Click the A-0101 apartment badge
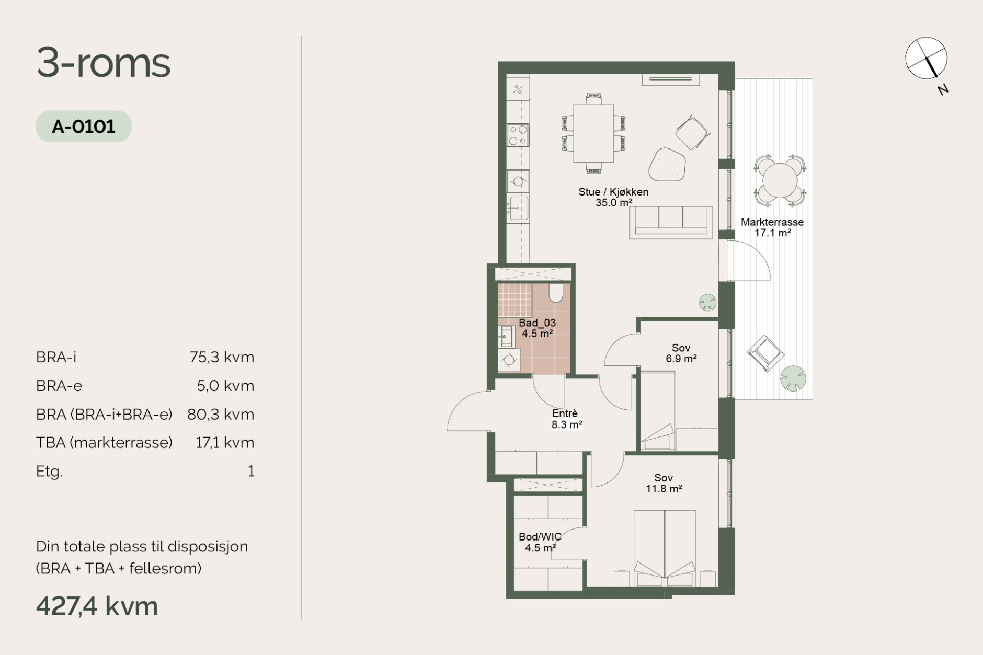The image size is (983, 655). [84, 127]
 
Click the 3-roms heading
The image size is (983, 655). [104, 63]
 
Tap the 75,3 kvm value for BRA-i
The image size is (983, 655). [222, 357]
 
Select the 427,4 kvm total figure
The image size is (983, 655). [97, 606]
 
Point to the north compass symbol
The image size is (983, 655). [926, 58]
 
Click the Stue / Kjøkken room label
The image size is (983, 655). [613, 192]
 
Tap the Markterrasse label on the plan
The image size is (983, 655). [772, 222]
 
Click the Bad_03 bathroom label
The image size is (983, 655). [537, 323]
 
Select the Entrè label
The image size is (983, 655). [565, 414]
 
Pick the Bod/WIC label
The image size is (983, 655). [540, 537]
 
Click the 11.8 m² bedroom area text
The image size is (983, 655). [664, 489]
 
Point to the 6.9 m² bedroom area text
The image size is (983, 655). [681, 359]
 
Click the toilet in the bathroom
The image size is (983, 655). [556, 293]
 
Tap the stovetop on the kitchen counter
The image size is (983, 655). [518, 135]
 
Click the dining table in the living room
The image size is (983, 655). [593, 133]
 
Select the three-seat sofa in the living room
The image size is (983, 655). [671, 222]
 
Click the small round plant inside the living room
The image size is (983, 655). [707, 302]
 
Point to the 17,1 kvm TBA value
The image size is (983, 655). [225, 443]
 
